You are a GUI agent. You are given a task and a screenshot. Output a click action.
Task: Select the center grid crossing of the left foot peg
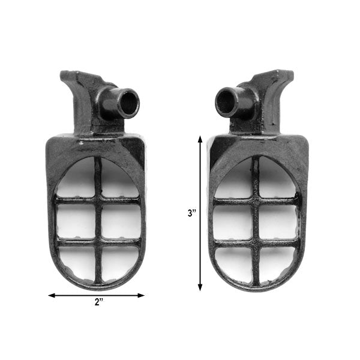click(x=97, y=221)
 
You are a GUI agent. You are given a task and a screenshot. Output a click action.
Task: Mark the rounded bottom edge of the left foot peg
click(x=96, y=287)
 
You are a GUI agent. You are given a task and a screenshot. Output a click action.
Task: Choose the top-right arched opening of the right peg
click(x=276, y=180)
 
